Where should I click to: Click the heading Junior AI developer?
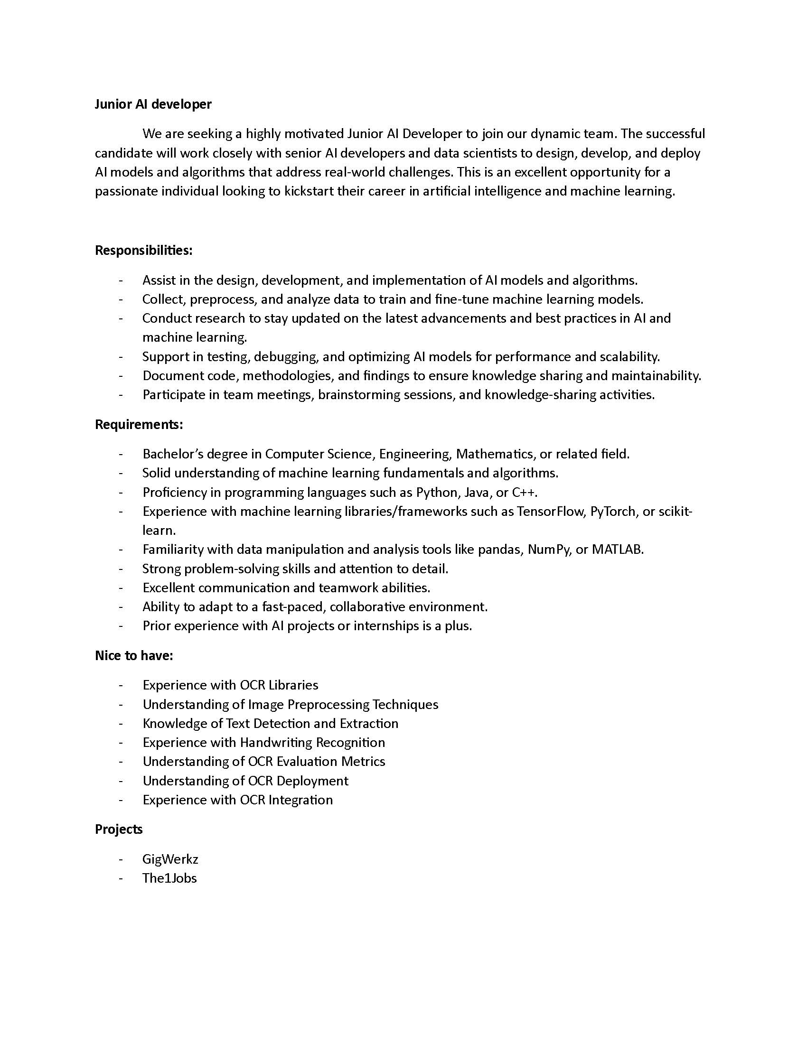(153, 104)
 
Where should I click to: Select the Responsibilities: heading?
(143, 250)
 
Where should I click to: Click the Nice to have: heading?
(134, 655)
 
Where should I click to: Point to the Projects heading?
(119, 829)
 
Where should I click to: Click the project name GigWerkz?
(170, 859)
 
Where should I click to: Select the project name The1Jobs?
(169, 878)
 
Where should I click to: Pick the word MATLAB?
(617, 550)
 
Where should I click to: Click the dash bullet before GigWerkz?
(121, 859)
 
